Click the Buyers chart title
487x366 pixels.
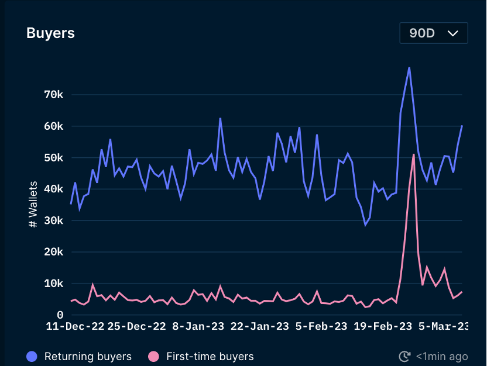(50, 33)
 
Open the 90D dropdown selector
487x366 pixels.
(433, 33)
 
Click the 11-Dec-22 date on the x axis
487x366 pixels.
(75, 326)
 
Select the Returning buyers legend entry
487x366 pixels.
(80, 356)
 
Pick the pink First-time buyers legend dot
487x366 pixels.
(153, 356)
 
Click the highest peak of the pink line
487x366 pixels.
(414, 154)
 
